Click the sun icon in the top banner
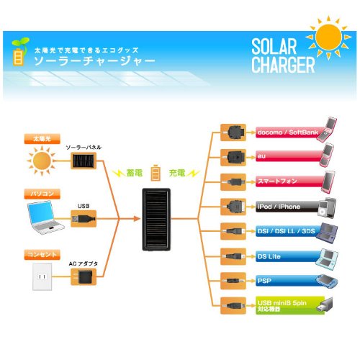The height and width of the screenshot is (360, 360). tap(328, 37)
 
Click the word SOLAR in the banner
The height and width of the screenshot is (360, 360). tap(274, 47)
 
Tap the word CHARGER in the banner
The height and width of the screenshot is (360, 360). tap(283, 65)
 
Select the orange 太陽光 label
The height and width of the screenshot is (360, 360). tap(42, 139)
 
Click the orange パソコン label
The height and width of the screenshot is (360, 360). tap(42, 194)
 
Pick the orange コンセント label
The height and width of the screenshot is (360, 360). tap(42, 254)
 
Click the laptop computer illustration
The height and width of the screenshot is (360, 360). tap(45, 217)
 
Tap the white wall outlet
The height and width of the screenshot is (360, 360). tap(42, 276)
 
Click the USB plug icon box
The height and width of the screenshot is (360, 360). tap(84, 219)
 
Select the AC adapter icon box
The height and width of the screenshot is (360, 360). tap(84, 276)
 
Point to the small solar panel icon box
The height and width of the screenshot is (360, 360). tap(84, 161)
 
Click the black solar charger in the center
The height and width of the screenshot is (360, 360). tap(156, 220)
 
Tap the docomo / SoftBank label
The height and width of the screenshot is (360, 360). tap(288, 132)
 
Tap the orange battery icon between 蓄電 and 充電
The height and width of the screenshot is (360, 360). tap(156, 173)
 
